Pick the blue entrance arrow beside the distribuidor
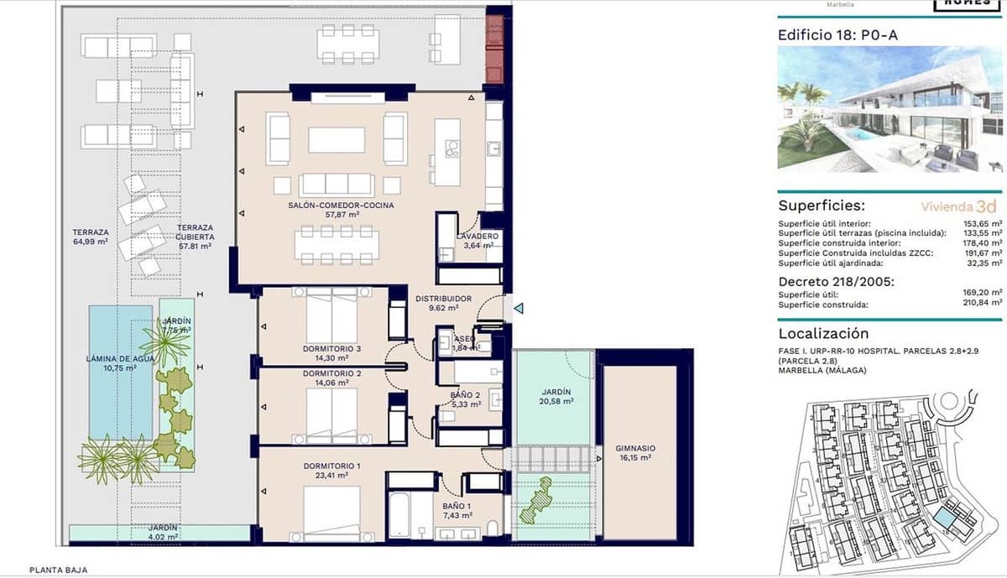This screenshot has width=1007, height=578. tap(519, 309)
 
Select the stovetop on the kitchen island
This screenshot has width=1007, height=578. tap(452, 150)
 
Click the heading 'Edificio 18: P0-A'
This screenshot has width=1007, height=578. tap(831, 35)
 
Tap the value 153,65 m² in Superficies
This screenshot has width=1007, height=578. tap(984, 224)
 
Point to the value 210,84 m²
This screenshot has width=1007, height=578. tap(984, 305)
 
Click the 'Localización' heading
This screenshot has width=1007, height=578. tap(823, 334)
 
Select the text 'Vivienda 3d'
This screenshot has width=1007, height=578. tap(958, 206)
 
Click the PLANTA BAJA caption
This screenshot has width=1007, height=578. tap(58, 570)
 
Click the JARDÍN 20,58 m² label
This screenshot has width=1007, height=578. tap(556, 397)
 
